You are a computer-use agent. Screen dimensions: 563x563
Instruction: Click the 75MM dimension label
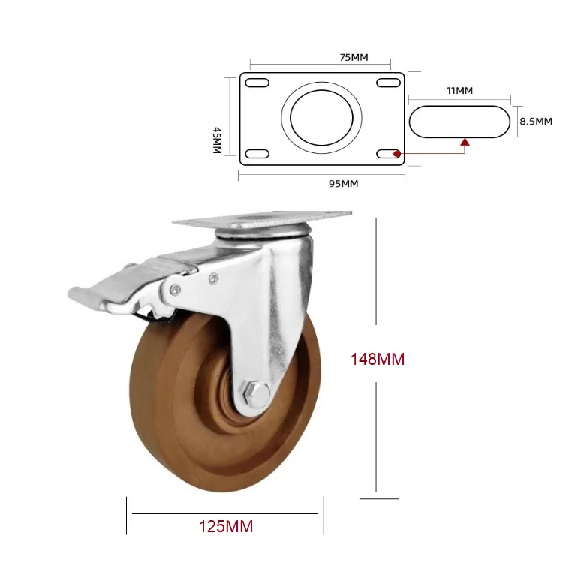pos(321,56)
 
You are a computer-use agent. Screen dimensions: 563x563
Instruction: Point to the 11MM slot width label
pos(459,91)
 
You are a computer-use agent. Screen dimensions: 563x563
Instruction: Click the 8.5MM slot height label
pos(536,121)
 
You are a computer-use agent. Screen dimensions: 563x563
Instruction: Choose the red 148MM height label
pos(378,360)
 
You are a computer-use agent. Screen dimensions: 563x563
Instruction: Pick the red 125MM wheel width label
pos(226,526)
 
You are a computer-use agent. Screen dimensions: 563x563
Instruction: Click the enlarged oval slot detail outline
pos(459,121)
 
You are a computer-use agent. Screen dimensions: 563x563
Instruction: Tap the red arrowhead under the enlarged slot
pos(465,140)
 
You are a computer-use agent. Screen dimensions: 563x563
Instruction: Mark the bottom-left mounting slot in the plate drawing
pos(257,154)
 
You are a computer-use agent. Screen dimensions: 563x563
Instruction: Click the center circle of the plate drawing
pos(321,118)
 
